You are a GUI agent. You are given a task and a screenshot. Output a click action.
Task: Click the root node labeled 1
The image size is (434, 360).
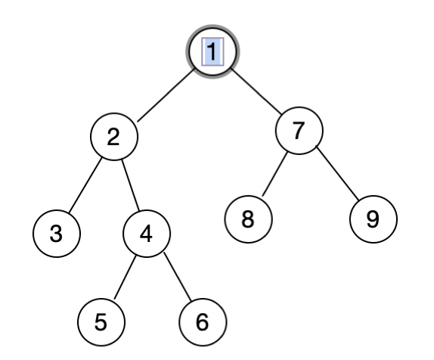click(x=212, y=51)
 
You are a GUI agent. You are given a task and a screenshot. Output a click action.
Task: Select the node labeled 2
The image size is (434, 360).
click(x=113, y=137)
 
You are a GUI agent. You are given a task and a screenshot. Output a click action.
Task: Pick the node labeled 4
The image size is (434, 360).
click(x=147, y=234)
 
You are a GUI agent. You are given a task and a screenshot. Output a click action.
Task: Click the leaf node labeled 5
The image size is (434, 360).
click(x=100, y=321)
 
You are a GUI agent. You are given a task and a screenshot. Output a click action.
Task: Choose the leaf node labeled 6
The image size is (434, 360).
click(x=201, y=321)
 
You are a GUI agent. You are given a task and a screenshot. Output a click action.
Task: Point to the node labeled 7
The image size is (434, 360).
click(x=298, y=130)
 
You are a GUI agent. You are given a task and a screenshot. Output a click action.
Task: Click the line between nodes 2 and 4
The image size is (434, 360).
click(x=130, y=185)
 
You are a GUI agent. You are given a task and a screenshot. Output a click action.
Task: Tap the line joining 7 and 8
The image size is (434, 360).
click(x=273, y=175)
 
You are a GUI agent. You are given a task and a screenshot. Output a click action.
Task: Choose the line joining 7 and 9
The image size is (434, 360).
click(x=336, y=176)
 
